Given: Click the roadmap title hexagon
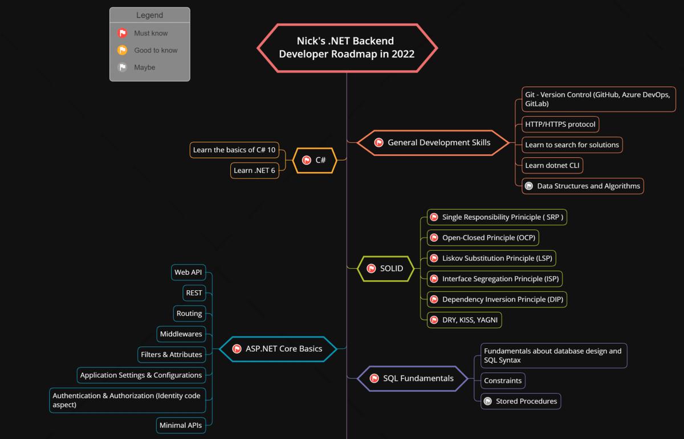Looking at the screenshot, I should [347, 48].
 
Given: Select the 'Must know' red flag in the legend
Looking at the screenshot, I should [122, 33].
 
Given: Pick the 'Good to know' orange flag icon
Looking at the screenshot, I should [122, 50].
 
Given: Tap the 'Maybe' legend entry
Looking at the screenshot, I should [144, 67].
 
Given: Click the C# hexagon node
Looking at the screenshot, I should [314, 160].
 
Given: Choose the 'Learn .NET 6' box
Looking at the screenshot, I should [254, 170].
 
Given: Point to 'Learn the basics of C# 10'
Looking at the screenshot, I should [234, 150].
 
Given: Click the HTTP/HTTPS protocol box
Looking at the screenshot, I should [560, 124].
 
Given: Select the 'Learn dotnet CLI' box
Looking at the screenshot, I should [553, 165].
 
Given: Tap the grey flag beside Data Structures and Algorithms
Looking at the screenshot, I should [529, 186].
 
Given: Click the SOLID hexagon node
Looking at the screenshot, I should [385, 269].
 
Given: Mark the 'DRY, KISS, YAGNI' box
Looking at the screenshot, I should [464, 320].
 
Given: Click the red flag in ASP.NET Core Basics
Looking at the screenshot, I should [237, 349].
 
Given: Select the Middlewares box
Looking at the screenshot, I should [181, 334].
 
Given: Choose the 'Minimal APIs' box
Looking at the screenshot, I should [180, 425].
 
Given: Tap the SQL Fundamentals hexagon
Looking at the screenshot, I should [412, 379].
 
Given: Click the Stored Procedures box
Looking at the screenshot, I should [520, 401].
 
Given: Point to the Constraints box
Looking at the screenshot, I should [503, 380].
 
